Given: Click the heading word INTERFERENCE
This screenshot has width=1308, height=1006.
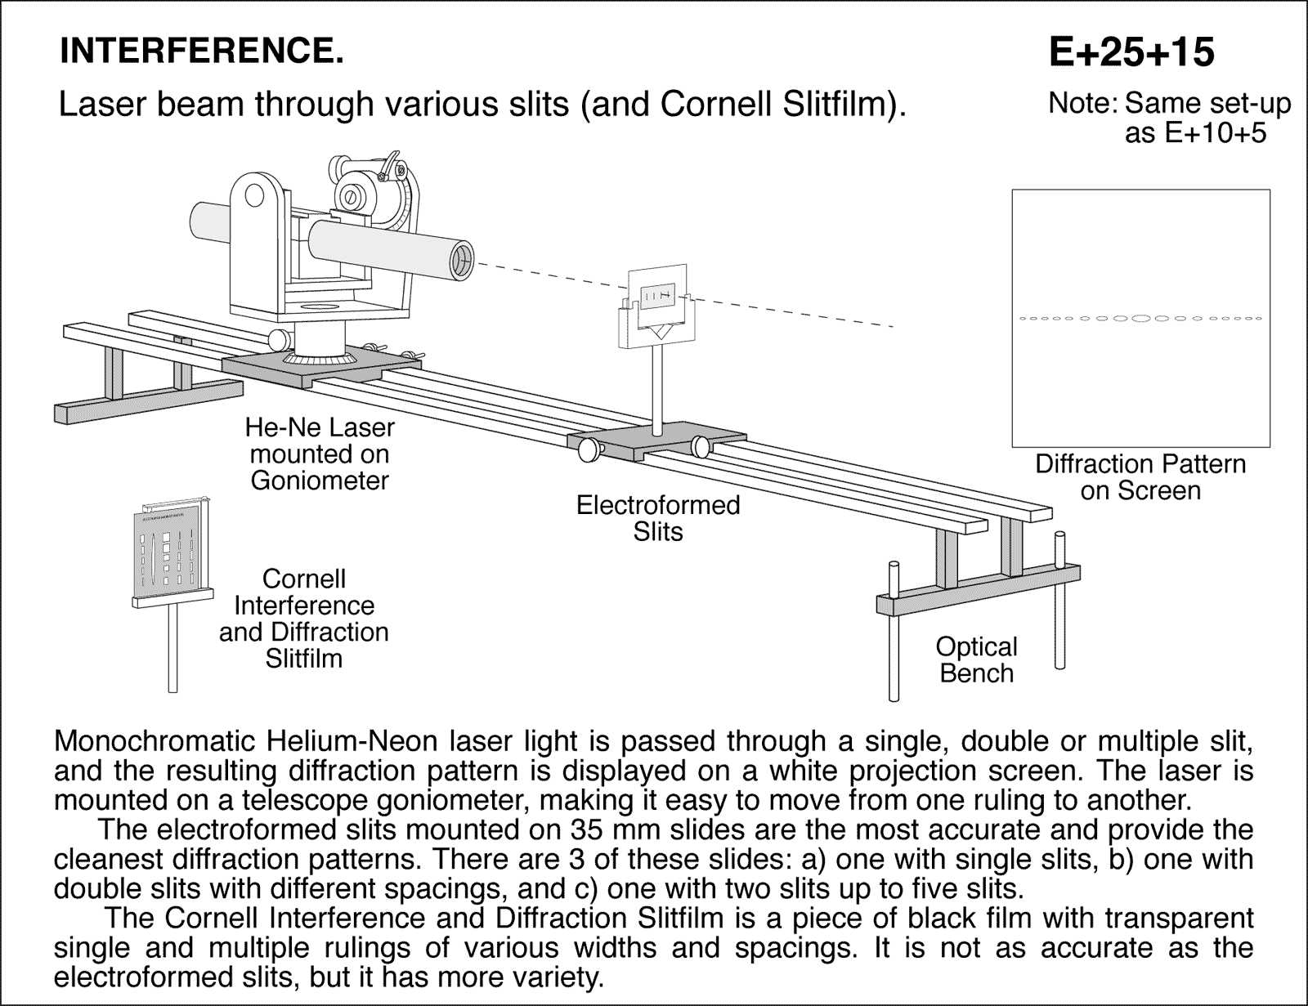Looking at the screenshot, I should (x=201, y=51).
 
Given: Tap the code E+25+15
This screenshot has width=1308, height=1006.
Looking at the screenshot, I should (x=1131, y=52).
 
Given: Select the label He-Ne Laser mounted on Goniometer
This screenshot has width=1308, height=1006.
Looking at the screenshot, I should (x=320, y=454).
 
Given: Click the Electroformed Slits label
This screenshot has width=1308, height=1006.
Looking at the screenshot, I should (x=657, y=518).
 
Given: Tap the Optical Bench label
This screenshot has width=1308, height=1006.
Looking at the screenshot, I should (x=976, y=659).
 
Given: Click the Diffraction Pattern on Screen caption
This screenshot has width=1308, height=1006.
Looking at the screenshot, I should (x=1140, y=477).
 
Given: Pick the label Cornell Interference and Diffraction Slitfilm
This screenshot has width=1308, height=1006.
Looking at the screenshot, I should (x=303, y=619).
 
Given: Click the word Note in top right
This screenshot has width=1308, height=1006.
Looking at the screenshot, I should (x=1078, y=105).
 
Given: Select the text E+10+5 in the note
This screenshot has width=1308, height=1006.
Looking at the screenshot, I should (x=1196, y=133).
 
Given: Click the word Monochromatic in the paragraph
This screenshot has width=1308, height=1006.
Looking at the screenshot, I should (x=153, y=741).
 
